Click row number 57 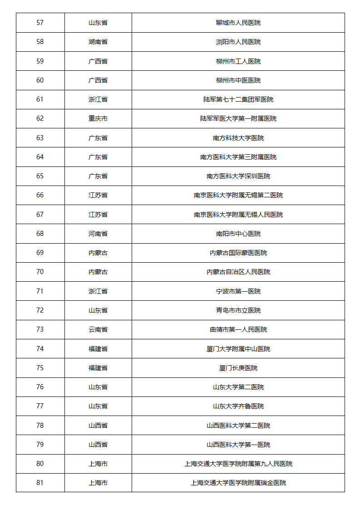40,23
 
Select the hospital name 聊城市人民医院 238,23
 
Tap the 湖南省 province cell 98,42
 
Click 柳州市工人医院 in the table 238,61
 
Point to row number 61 40,99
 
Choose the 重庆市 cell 98,118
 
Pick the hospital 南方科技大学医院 238,138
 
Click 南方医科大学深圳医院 238,176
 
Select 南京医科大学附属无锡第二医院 238,195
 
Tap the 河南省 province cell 98,234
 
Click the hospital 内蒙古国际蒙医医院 238,253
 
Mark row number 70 40,272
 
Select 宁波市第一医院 238,291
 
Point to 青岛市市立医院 238,310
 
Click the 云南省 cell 98,329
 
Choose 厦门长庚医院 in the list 238,368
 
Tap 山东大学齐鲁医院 238,406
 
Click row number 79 40,445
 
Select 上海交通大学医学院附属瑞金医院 238,483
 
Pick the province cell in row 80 98,464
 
